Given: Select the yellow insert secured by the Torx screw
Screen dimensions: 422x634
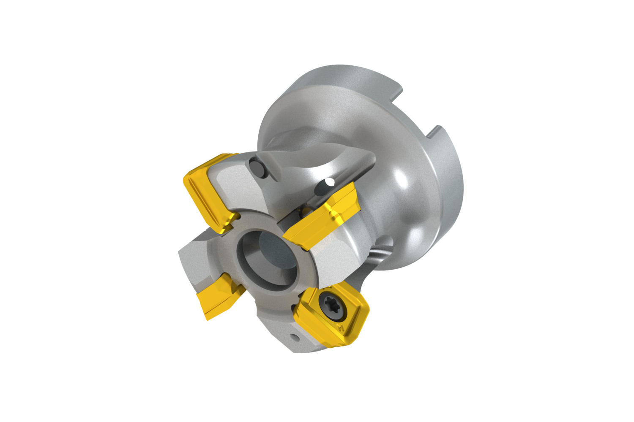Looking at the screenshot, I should [334, 312].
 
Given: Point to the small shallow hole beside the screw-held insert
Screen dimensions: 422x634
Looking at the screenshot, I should [293, 337].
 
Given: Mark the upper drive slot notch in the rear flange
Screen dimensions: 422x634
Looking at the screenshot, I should [397, 91].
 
